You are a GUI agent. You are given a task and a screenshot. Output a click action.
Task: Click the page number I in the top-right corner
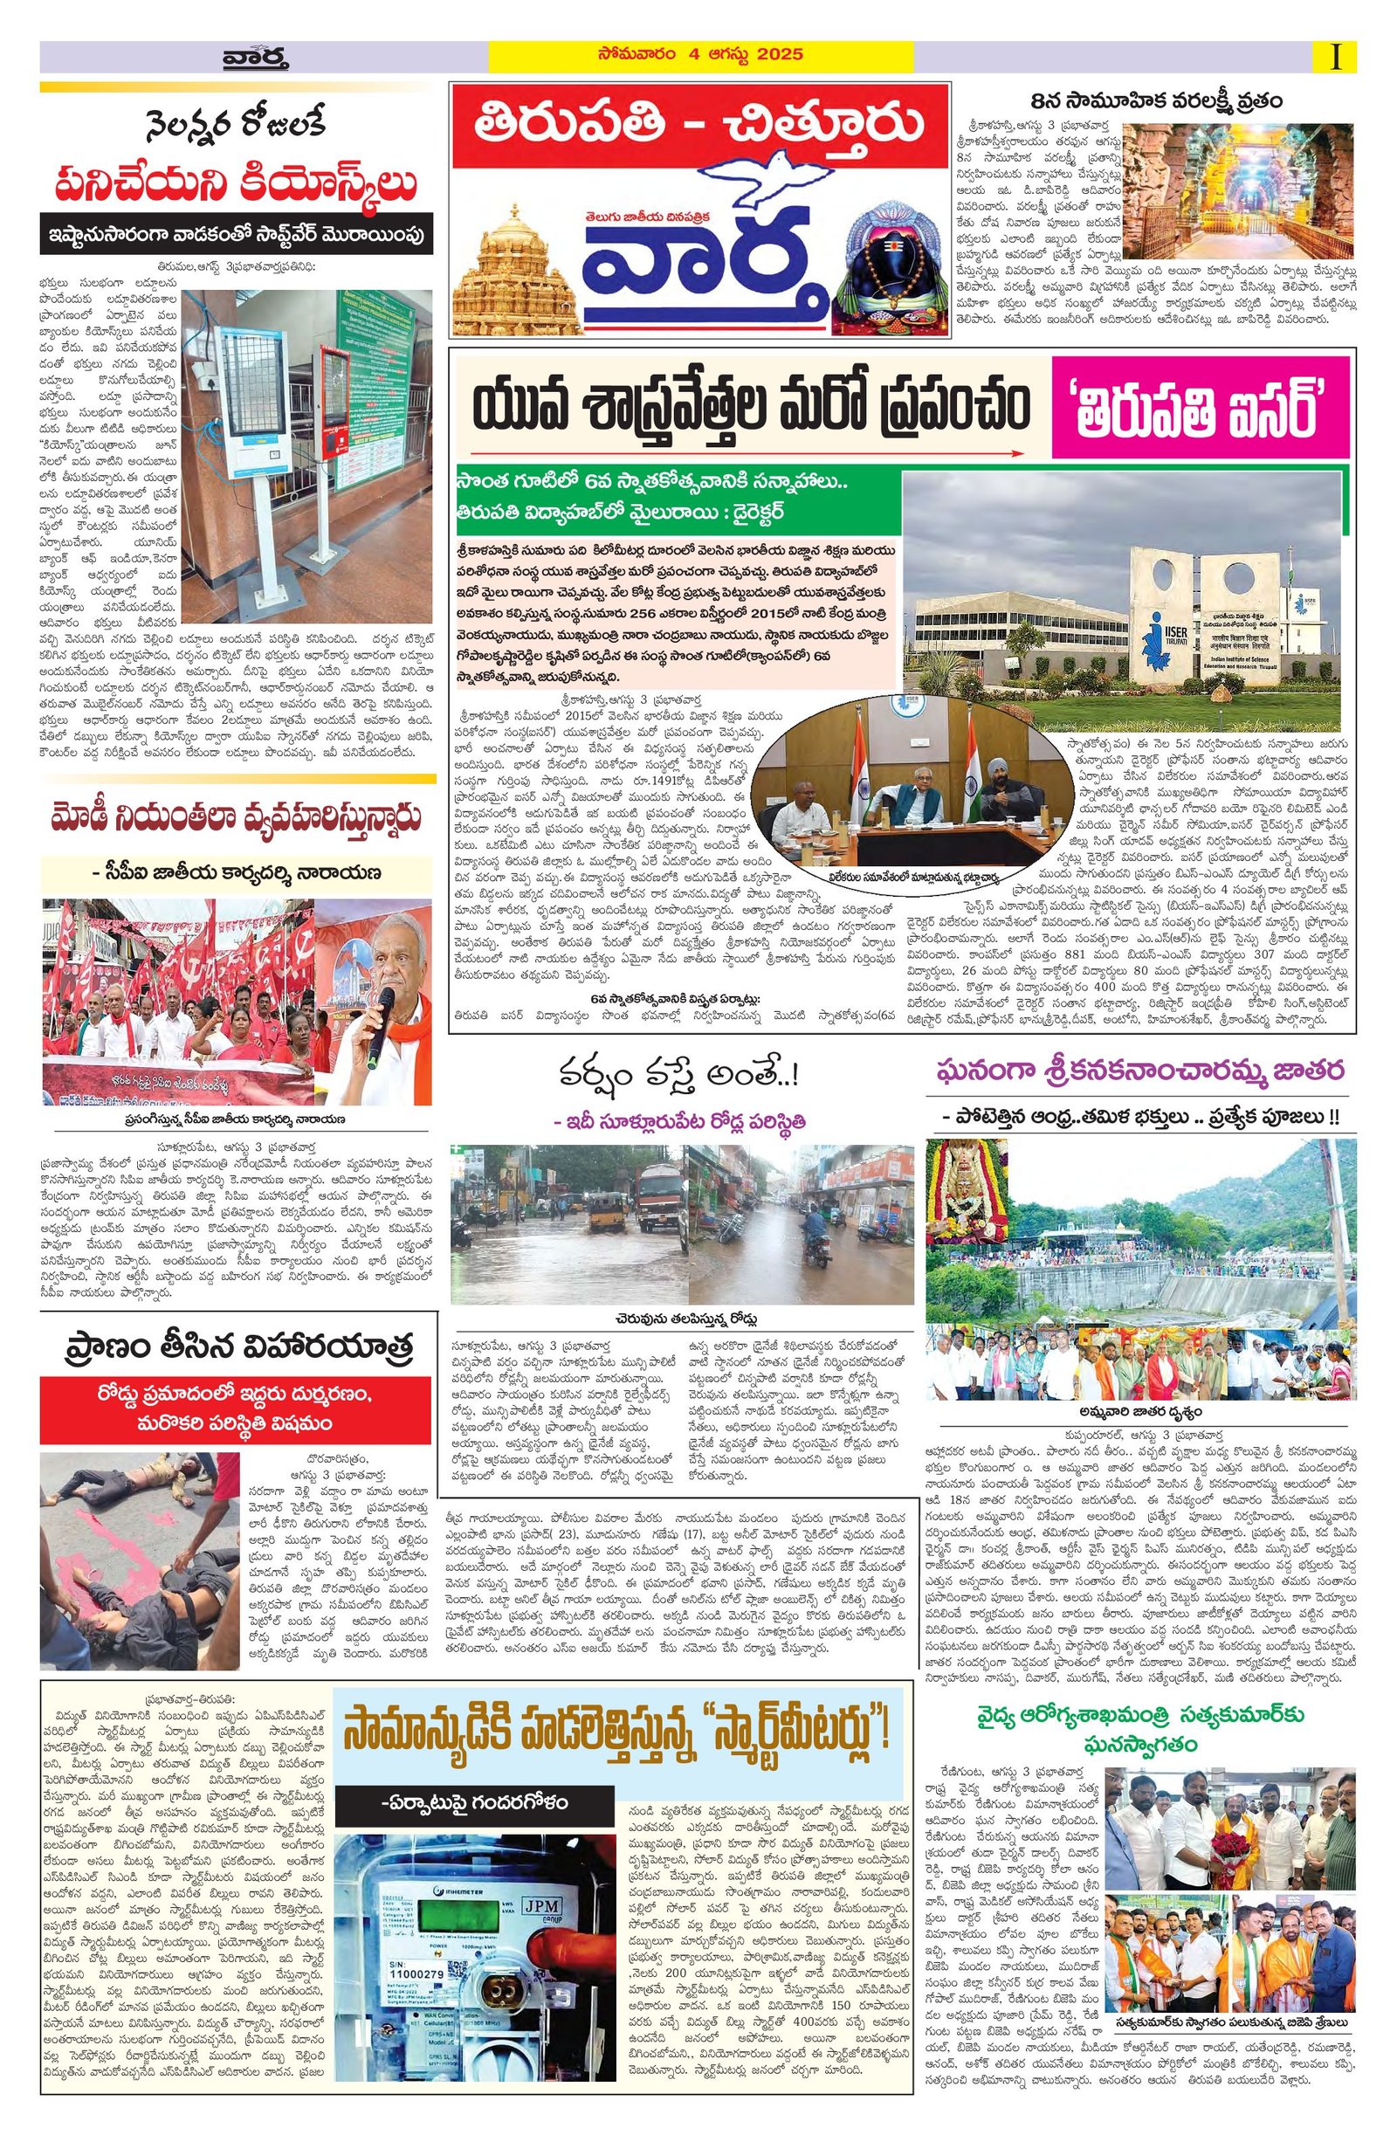1337,58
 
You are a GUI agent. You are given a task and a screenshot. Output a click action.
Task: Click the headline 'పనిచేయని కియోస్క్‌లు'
237,187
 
